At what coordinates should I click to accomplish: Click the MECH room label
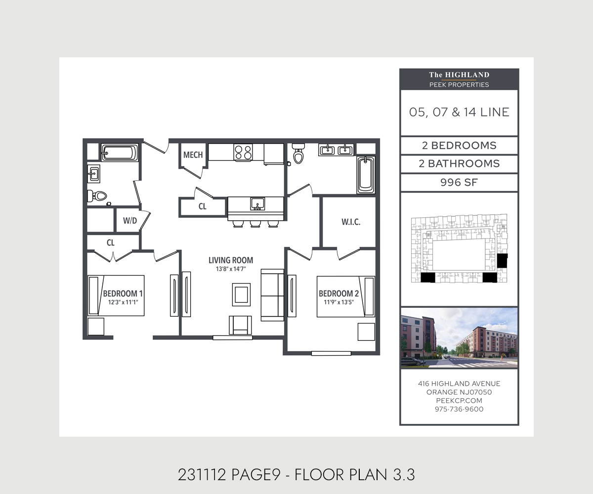(193, 155)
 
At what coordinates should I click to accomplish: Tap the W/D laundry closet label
(130, 221)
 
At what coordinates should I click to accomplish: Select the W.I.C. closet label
(351, 222)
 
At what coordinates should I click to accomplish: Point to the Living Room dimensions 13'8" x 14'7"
(231, 269)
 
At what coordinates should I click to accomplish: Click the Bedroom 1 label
(123, 293)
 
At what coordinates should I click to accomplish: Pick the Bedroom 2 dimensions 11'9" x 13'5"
(339, 302)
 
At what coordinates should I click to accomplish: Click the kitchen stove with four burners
(244, 152)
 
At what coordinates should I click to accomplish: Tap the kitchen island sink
(257, 204)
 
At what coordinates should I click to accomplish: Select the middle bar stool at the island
(255, 224)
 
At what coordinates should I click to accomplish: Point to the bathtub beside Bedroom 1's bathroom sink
(120, 153)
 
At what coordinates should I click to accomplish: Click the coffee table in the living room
(242, 295)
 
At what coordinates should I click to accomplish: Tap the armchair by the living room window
(240, 326)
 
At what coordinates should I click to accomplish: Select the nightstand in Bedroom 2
(366, 332)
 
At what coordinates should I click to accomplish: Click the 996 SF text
(459, 182)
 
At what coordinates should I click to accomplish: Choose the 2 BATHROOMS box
(459, 164)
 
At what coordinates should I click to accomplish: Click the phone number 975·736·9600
(459, 409)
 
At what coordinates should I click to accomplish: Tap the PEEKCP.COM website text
(459, 401)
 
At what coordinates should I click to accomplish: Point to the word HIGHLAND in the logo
(467, 75)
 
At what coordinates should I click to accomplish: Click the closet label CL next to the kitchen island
(202, 206)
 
